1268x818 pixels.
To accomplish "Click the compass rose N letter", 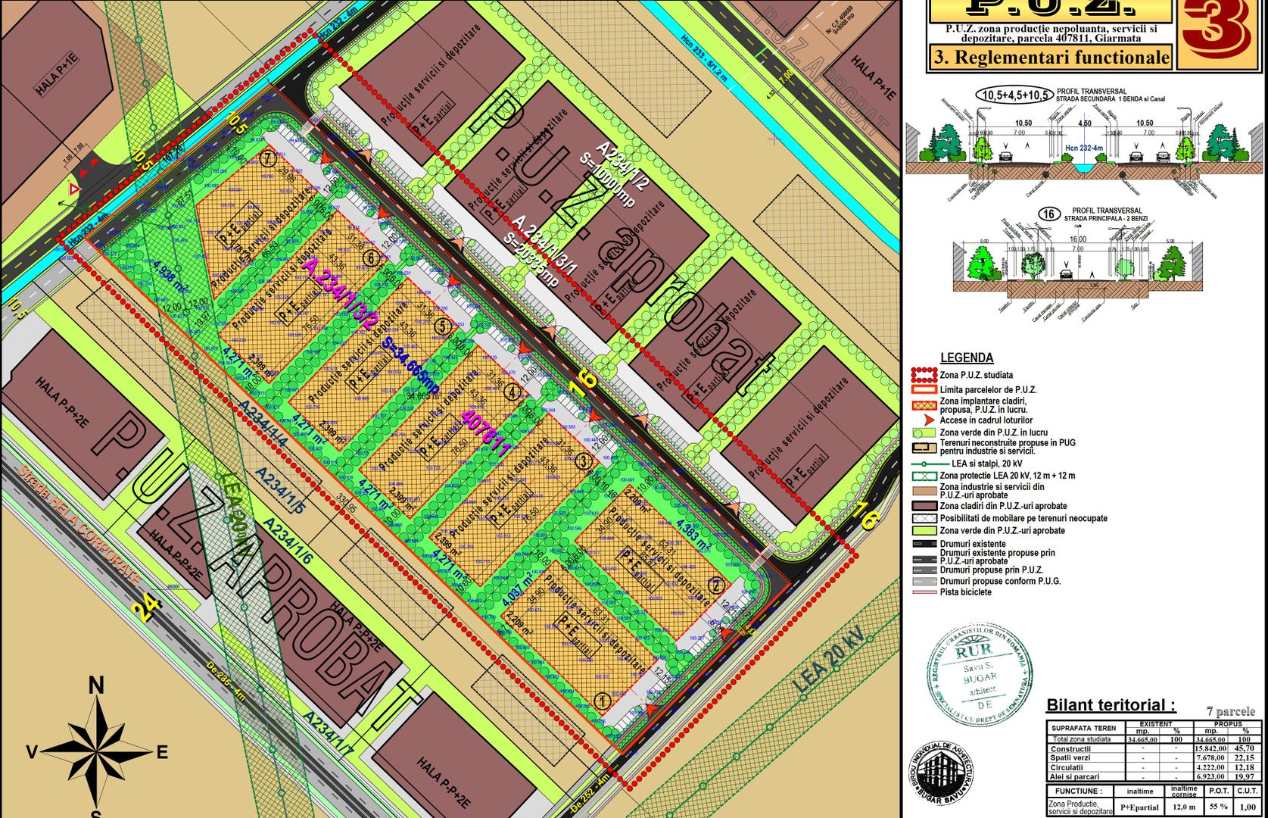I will point(96,685).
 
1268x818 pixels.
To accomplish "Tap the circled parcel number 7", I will point(267,159).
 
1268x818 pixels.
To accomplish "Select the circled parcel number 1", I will point(603,701).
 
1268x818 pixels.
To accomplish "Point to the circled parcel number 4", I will point(513,392).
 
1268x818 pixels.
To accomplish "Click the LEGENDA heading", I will point(967,357).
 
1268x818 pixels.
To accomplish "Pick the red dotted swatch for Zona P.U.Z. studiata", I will point(924,375).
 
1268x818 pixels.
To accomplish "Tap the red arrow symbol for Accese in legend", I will point(924,420).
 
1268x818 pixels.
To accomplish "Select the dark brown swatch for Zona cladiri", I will point(924,506).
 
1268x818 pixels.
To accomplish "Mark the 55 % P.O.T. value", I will point(1218,807).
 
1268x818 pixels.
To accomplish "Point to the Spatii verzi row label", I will point(1070,758).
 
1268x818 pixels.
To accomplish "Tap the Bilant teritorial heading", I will point(1111,705).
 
